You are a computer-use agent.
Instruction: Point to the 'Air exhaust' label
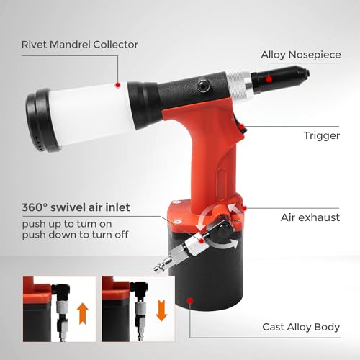[x=311, y=217]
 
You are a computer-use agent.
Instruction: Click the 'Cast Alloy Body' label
[x=301, y=328]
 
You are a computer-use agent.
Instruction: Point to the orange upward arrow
[x=83, y=311]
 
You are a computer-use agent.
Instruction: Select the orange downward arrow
[x=161, y=311]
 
